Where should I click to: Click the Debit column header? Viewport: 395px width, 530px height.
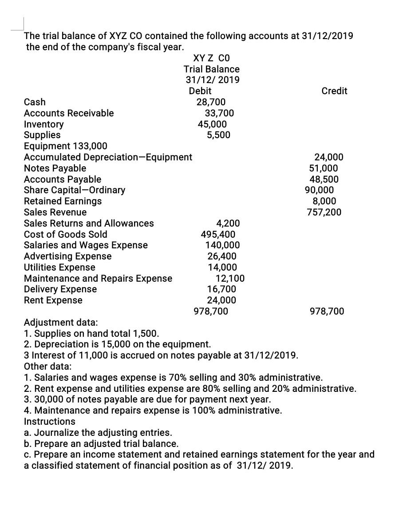(x=200, y=91)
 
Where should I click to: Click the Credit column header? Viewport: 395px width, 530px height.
(x=334, y=91)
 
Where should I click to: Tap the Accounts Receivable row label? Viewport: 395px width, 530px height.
(x=69, y=113)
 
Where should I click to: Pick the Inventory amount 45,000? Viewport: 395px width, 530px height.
(x=212, y=124)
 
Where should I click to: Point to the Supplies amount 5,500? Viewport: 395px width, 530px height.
(x=218, y=135)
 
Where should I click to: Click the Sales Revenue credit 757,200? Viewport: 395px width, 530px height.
(x=324, y=212)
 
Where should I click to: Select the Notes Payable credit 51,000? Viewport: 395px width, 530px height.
(x=323, y=168)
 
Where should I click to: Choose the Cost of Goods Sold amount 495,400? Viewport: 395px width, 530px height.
(x=218, y=234)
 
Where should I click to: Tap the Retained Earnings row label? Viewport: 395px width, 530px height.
(x=63, y=201)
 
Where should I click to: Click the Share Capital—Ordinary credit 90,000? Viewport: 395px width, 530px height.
(x=319, y=190)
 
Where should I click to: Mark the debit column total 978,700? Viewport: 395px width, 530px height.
(x=211, y=311)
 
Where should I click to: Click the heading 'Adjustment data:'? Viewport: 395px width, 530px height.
(x=61, y=322)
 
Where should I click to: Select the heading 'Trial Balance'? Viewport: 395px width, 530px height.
(x=212, y=69)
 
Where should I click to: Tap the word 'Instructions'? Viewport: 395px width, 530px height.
(x=49, y=421)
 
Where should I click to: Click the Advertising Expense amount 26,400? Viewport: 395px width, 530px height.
(x=222, y=256)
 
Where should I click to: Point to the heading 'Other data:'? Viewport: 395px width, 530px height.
(x=47, y=367)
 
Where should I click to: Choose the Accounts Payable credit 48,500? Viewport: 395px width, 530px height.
(x=324, y=179)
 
